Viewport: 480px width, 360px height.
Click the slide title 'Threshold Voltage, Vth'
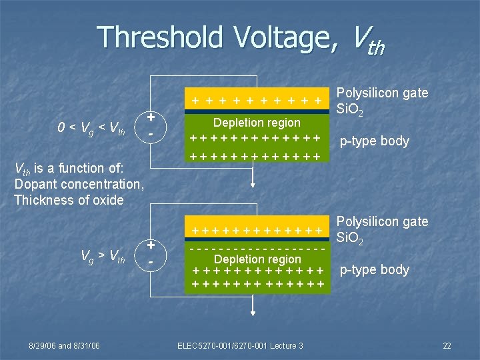click(240, 39)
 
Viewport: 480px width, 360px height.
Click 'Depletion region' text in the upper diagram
click(257, 123)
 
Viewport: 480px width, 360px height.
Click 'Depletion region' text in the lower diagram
click(257, 259)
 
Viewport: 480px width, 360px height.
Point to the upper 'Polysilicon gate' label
click(383, 93)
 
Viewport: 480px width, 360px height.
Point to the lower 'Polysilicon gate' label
click(383, 221)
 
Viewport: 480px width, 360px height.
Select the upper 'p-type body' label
click(375, 141)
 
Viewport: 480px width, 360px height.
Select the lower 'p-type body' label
click(375, 270)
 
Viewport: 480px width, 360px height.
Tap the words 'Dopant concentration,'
click(79, 184)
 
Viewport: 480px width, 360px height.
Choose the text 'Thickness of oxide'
click(69, 200)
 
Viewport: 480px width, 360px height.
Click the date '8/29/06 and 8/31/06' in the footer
click(64, 345)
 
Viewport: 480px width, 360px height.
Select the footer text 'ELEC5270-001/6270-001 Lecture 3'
click(240, 345)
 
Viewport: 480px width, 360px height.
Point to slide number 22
click(447, 345)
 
